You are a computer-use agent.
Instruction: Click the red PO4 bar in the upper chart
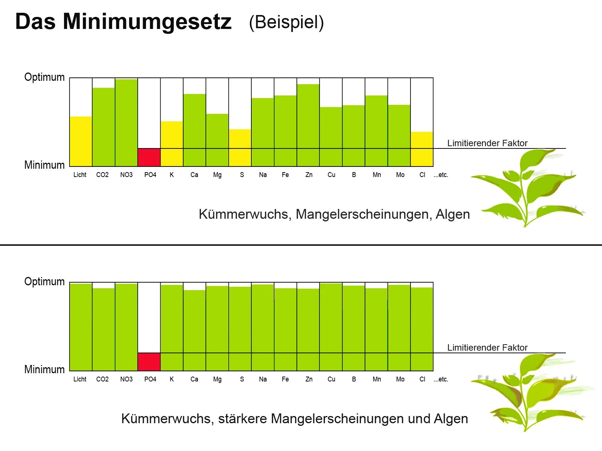coord(149,157)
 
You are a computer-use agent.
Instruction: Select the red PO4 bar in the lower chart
coord(149,362)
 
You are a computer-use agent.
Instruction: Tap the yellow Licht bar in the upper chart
coord(81,141)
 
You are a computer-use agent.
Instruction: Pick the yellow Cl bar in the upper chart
coord(422,149)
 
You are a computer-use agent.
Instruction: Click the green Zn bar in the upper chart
coord(308,125)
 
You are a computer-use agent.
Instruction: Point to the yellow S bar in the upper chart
coord(240,148)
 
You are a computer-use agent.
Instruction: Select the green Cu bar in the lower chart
coord(331,327)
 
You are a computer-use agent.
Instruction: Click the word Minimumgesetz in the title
coord(147,22)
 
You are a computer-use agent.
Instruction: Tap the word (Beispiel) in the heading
coord(286,22)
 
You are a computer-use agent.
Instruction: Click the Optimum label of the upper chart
coord(44,77)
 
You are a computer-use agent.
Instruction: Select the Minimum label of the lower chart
coord(44,369)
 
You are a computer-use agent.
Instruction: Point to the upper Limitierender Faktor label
coord(487,143)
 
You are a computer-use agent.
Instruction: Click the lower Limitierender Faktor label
coord(487,348)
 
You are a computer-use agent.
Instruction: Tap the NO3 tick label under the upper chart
coord(126,175)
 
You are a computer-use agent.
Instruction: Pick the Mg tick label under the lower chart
coord(217,379)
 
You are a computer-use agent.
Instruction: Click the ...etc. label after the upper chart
coord(441,175)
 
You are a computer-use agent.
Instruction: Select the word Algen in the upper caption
coord(453,214)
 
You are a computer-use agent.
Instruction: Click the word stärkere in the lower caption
coord(243,419)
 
